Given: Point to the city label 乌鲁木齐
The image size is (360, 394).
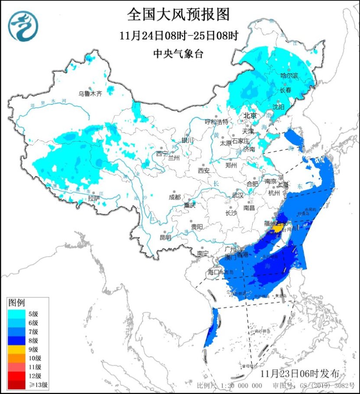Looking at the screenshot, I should coord(90,93).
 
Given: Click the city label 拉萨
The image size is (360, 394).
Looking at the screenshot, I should coord(94,198).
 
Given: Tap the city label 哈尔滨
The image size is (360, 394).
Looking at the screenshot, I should coord(289,76).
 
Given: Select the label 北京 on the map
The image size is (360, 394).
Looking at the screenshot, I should coord(250,116).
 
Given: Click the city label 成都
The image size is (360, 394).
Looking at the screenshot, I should coord(174,197).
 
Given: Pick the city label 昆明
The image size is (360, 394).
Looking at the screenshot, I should coord(165,237).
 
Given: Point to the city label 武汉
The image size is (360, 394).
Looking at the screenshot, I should coord(238,196).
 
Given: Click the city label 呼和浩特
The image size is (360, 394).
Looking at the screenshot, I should coord(216,122).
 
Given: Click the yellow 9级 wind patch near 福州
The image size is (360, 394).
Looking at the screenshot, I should coord(278,228).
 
